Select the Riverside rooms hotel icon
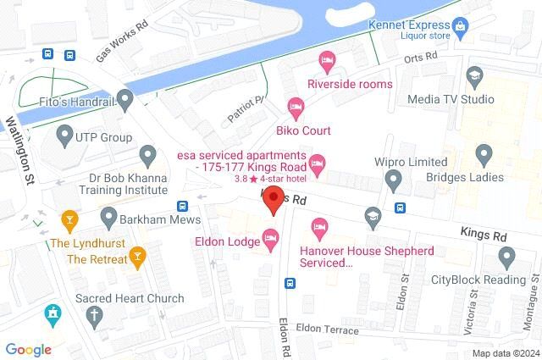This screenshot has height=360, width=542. (326, 60)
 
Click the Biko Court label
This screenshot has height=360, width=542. (303, 130)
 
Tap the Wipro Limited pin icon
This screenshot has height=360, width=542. (393, 180)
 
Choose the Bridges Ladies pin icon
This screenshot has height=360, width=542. (484, 154)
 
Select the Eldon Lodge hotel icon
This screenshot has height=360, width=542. (271, 241)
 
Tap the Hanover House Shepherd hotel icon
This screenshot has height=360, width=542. (320, 227)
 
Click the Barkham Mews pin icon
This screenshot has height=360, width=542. (109, 216)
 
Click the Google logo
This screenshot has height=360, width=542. (29, 349)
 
